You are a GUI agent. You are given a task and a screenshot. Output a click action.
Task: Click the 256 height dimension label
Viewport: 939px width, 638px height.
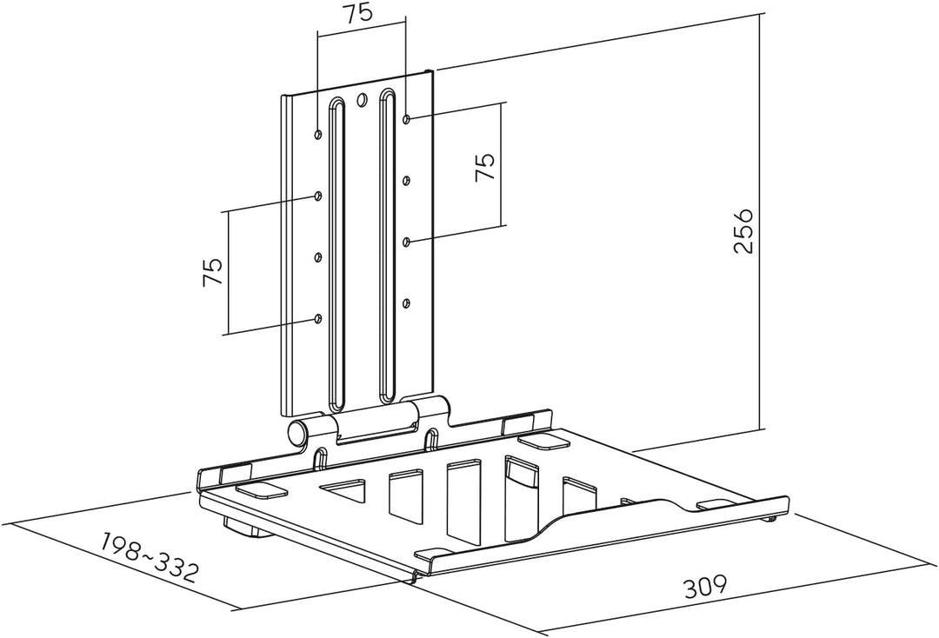743,231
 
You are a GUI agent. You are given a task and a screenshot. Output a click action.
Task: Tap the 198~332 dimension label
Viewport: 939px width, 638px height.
148,554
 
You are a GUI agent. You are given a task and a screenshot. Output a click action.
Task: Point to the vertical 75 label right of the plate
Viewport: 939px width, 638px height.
485,166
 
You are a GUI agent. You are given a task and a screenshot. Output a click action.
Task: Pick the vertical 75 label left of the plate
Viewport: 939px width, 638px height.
213,272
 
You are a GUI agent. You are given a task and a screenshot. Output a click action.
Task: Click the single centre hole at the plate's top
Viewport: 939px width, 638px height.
361,99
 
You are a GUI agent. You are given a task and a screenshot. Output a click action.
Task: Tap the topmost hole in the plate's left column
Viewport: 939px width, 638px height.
318,134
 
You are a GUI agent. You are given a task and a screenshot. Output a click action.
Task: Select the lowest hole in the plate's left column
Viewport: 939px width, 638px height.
318,318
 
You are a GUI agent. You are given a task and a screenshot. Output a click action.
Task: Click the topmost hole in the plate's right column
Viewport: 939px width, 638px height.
407,119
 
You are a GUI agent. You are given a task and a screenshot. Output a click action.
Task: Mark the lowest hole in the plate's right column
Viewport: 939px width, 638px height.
407,303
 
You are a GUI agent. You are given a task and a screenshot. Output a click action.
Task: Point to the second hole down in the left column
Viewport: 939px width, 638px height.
318,195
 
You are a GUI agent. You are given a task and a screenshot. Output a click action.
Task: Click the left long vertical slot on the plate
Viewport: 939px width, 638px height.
336,252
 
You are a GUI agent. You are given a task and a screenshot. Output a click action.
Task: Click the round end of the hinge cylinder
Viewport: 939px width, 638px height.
296,433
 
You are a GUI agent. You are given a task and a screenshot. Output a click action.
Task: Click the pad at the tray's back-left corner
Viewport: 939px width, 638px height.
262,489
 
